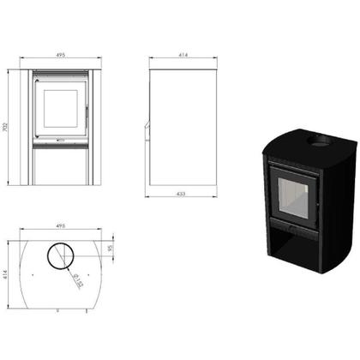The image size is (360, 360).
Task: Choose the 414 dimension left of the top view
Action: [8, 274]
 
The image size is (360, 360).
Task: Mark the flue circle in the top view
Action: [59, 255]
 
